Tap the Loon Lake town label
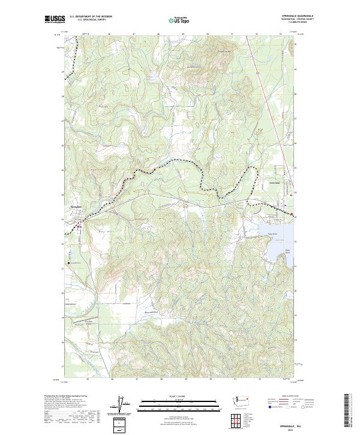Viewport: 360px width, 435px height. coord(274,182)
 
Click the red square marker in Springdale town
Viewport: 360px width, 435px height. coord(78,226)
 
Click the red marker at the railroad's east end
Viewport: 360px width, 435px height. coord(292,214)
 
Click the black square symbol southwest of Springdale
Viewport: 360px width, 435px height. coord(70,263)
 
